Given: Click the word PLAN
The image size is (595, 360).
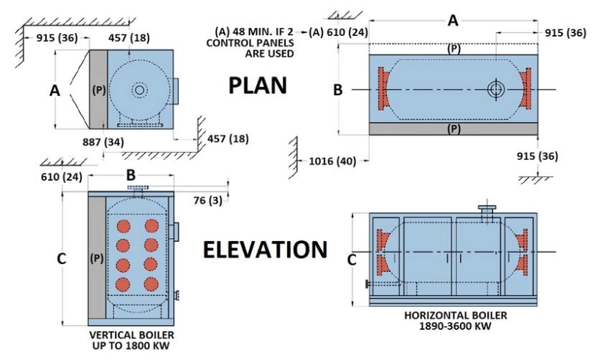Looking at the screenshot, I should point(258,86).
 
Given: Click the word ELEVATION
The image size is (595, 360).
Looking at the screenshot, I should point(265,250).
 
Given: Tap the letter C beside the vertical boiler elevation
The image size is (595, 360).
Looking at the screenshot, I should point(62,258).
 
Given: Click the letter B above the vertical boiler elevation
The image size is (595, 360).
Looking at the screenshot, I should point(131,174).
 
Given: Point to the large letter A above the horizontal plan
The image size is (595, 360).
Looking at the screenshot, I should point(452,21).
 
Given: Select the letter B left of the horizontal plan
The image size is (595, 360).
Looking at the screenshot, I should point(338,90).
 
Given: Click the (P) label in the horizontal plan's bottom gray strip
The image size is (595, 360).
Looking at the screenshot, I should point(452,129).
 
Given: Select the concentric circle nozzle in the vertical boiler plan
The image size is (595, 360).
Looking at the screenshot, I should point(139,90).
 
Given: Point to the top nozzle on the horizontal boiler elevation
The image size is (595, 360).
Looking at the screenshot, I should point(488,213).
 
